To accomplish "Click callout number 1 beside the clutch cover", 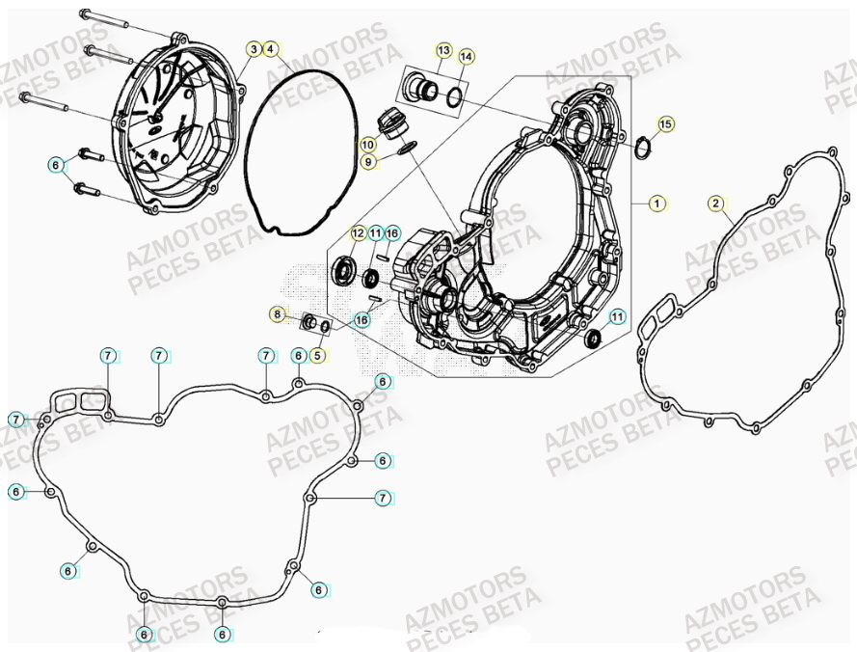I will pos(656,204).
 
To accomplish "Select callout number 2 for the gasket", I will pos(715,204).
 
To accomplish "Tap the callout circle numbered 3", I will pos(254,48).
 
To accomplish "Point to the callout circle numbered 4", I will pos(271,48).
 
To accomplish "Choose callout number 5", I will pos(317,355).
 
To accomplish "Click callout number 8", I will pos(278,314).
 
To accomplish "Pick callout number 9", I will pos(368,162).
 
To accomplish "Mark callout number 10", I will pos(368,144).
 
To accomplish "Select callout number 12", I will pos(358,233).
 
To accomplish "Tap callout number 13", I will pos(443,49).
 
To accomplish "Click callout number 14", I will pos(467,57).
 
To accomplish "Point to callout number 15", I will pos(666,123).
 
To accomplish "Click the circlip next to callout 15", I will pos(643,147).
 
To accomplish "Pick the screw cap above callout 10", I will pos(391,122).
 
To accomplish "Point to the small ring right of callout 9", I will pos(407,147).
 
